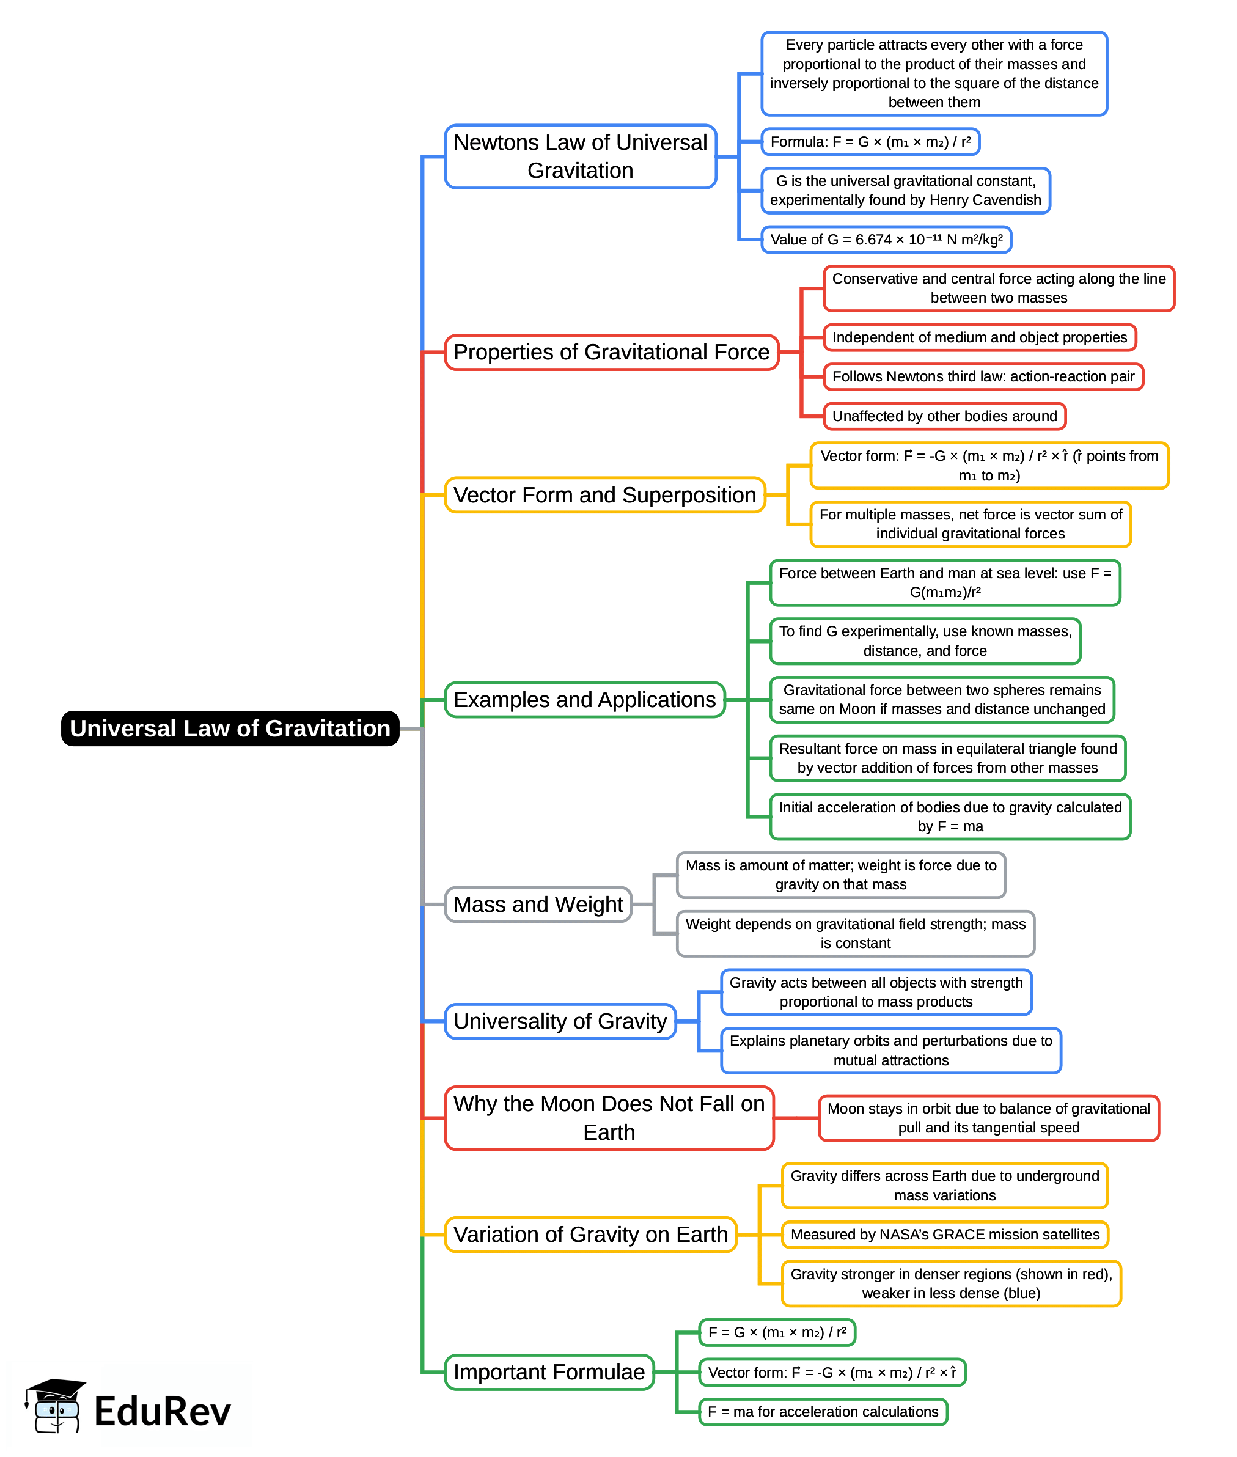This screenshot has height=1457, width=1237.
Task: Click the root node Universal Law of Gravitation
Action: click(x=230, y=728)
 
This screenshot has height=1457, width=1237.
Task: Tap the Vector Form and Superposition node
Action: click(x=604, y=495)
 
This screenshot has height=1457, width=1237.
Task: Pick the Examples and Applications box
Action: click(x=584, y=700)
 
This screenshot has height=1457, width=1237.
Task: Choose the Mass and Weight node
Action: click(x=538, y=905)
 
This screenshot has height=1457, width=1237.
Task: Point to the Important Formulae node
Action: click(x=548, y=1371)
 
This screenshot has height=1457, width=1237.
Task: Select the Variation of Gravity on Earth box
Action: click(x=590, y=1234)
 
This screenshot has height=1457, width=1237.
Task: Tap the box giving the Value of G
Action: click(x=886, y=240)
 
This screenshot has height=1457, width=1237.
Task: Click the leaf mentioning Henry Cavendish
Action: click(x=905, y=191)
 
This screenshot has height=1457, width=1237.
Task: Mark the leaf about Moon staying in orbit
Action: click(x=988, y=1118)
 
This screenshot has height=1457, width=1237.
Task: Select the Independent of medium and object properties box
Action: click(x=979, y=337)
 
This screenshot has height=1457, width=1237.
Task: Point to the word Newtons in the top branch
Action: click(x=496, y=142)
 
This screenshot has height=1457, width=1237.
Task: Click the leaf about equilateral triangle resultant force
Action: click(x=947, y=758)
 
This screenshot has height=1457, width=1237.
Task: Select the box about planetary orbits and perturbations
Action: click(x=890, y=1051)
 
